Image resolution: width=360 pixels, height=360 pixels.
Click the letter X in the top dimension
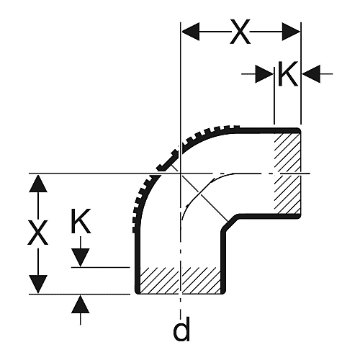240,32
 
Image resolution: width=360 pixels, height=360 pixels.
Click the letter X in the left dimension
37,233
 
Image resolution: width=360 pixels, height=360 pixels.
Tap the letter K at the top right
288,73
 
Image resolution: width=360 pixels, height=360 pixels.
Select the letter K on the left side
81,221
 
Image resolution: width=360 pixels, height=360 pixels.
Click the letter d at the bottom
181,329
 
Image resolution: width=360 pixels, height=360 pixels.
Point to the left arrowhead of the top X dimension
191,32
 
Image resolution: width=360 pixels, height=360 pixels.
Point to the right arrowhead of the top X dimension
291,32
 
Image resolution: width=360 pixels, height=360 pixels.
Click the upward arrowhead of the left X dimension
38,184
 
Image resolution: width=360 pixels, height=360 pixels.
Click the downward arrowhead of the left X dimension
38,284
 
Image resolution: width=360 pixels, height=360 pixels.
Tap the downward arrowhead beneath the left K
81,258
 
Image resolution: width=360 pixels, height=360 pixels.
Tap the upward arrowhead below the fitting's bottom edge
81,304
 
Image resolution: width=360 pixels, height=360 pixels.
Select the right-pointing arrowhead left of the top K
264,74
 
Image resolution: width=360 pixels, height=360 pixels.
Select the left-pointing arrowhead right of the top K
311,74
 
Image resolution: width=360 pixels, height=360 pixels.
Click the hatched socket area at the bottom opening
180,280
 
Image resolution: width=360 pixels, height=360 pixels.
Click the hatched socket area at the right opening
287,173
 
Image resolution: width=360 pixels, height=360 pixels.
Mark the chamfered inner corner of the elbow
230,223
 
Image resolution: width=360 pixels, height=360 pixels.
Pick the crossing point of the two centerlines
180,173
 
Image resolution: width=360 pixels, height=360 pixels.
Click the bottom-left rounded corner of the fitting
138,292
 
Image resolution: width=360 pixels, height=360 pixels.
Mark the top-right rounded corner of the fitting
299,130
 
